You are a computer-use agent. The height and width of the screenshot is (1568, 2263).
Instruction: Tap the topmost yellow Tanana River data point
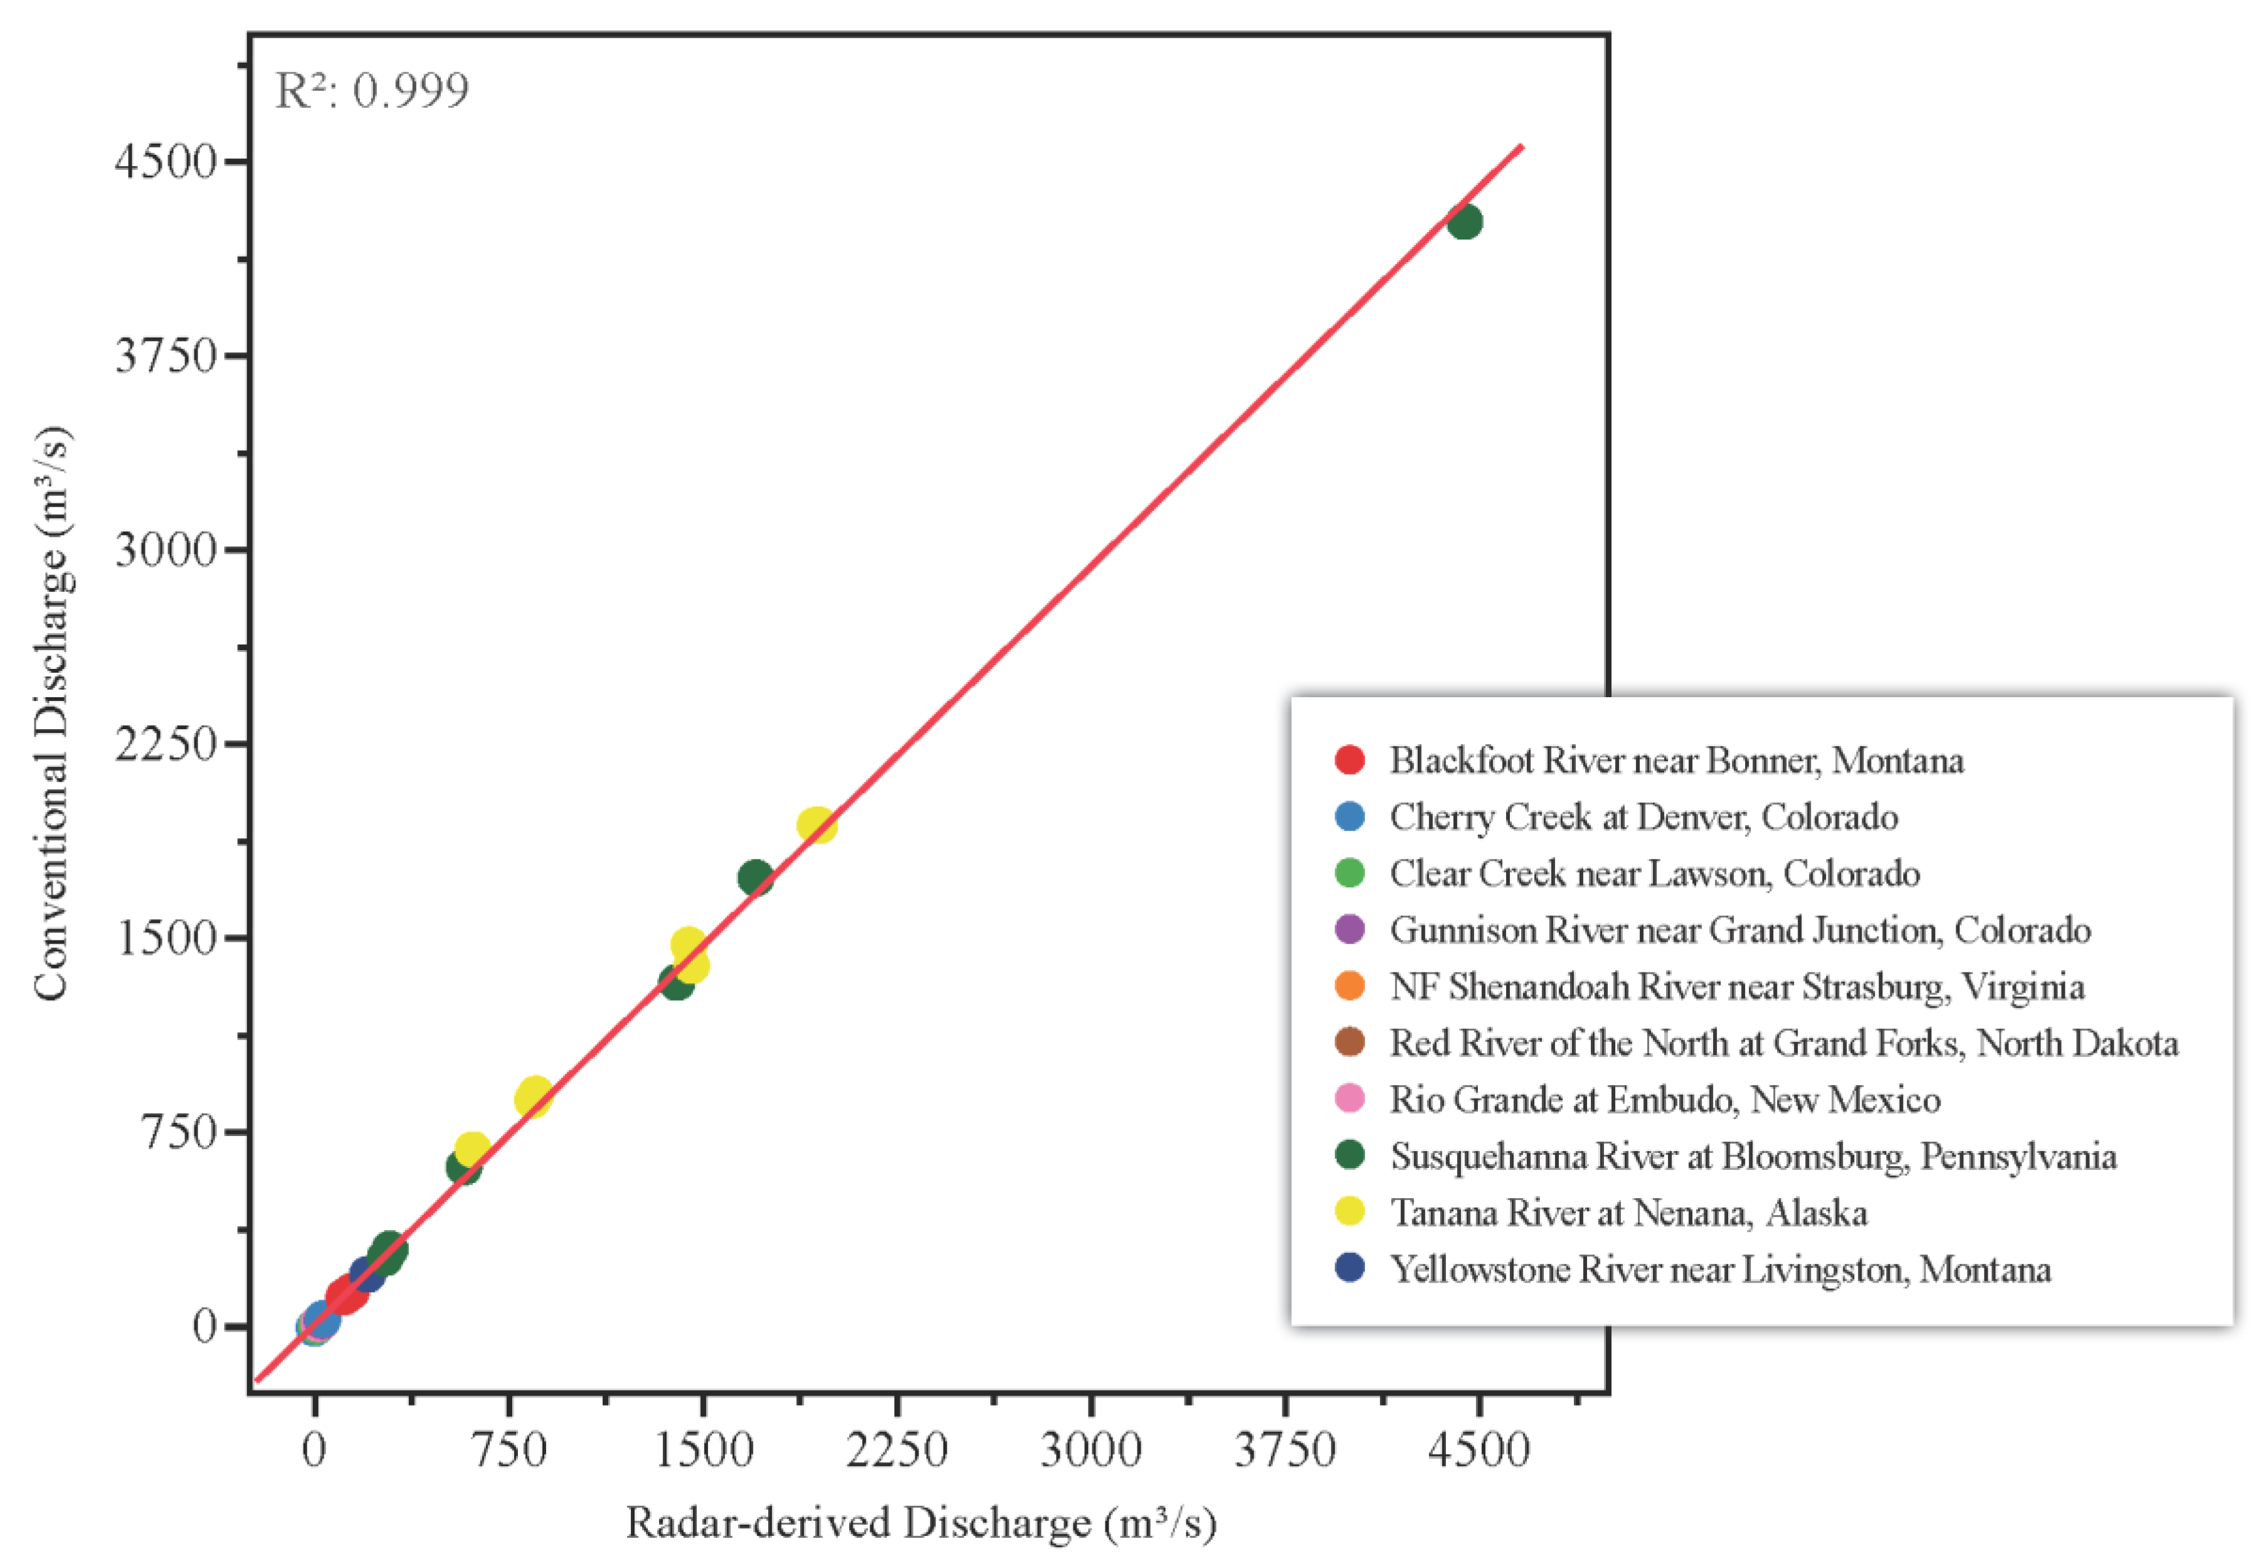point(816,825)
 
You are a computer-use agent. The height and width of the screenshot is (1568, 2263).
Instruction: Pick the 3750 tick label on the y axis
point(165,355)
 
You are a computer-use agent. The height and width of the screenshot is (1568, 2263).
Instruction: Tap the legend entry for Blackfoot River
point(1675,760)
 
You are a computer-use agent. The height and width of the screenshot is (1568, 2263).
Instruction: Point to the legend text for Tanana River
point(1628,1213)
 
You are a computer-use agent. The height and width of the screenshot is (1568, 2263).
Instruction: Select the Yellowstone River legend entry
point(1719,1270)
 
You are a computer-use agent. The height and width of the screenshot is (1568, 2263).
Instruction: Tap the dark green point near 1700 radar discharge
point(755,877)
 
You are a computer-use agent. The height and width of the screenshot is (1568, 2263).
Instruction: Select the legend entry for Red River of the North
point(1783,1043)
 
